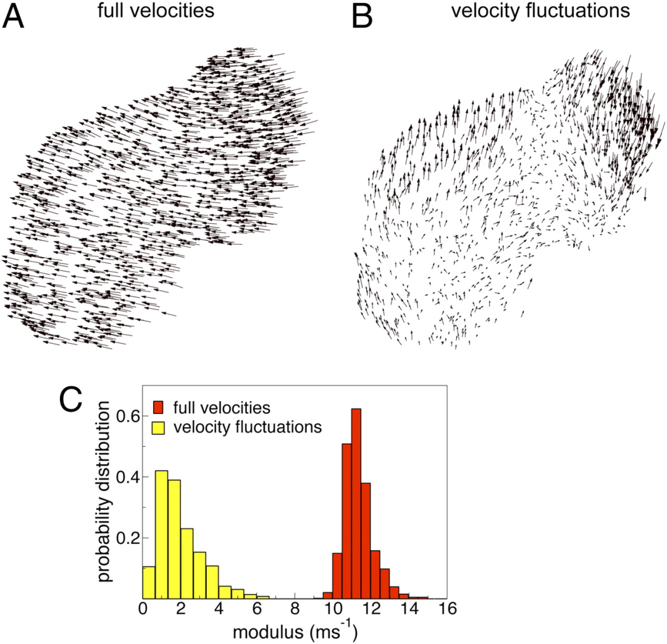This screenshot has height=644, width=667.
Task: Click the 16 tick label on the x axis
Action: point(447,609)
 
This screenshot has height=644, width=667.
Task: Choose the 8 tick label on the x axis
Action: point(295,609)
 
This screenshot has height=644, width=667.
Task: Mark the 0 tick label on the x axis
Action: point(143,609)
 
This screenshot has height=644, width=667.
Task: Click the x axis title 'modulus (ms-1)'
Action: point(296,631)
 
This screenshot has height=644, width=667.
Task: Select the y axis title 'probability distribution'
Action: point(106,491)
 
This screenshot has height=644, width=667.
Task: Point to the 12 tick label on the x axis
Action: point(371,609)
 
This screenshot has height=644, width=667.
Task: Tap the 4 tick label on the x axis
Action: point(219,609)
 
